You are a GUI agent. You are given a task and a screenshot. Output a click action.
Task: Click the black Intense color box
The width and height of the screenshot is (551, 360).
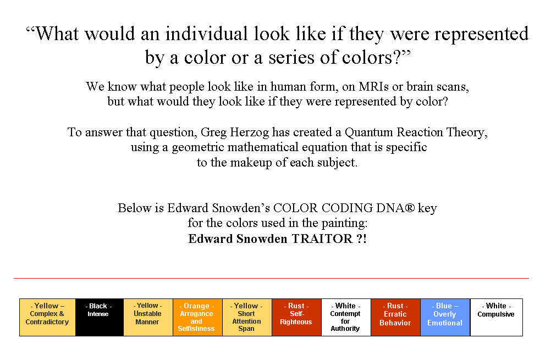[100, 318]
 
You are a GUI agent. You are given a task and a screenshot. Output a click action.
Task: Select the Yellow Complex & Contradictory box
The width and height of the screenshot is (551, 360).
[47, 318]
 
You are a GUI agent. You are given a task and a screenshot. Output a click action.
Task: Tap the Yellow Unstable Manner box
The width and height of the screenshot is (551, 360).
[148, 318]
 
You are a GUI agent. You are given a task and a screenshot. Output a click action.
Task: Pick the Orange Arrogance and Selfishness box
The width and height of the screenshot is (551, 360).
[197, 318]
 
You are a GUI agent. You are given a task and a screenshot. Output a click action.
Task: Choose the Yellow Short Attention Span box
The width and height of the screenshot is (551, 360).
[247, 318]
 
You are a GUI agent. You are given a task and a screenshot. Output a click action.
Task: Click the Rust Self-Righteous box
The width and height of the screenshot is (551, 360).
[296, 318]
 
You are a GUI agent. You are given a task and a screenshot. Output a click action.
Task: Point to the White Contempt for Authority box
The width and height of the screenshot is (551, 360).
[346, 318]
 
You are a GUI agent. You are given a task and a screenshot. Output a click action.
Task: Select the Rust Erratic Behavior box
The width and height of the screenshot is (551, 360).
[396, 318]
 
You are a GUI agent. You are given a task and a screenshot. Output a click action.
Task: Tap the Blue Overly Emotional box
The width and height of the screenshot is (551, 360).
[445, 318]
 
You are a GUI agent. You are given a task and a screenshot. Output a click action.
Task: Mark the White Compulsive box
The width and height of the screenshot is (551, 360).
[496, 318]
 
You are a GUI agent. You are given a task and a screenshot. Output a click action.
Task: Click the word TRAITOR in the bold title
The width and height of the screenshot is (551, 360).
[322, 239]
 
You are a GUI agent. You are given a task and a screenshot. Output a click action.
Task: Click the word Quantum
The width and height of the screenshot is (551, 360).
[369, 132]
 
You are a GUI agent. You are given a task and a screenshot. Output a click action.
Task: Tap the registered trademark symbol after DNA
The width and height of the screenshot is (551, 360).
[409, 208]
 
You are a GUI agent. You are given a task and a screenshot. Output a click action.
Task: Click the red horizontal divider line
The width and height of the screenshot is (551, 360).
[271, 278]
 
